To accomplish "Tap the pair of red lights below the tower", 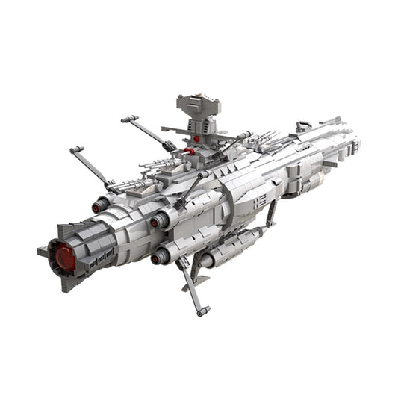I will click(x=190, y=150).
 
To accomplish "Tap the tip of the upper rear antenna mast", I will click(x=125, y=119).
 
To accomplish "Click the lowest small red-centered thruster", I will click(x=158, y=259).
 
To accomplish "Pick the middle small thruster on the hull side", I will click(x=157, y=221).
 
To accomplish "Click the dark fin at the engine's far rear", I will click(x=42, y=251).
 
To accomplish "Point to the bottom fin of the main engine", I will click(x=71, y=286).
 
